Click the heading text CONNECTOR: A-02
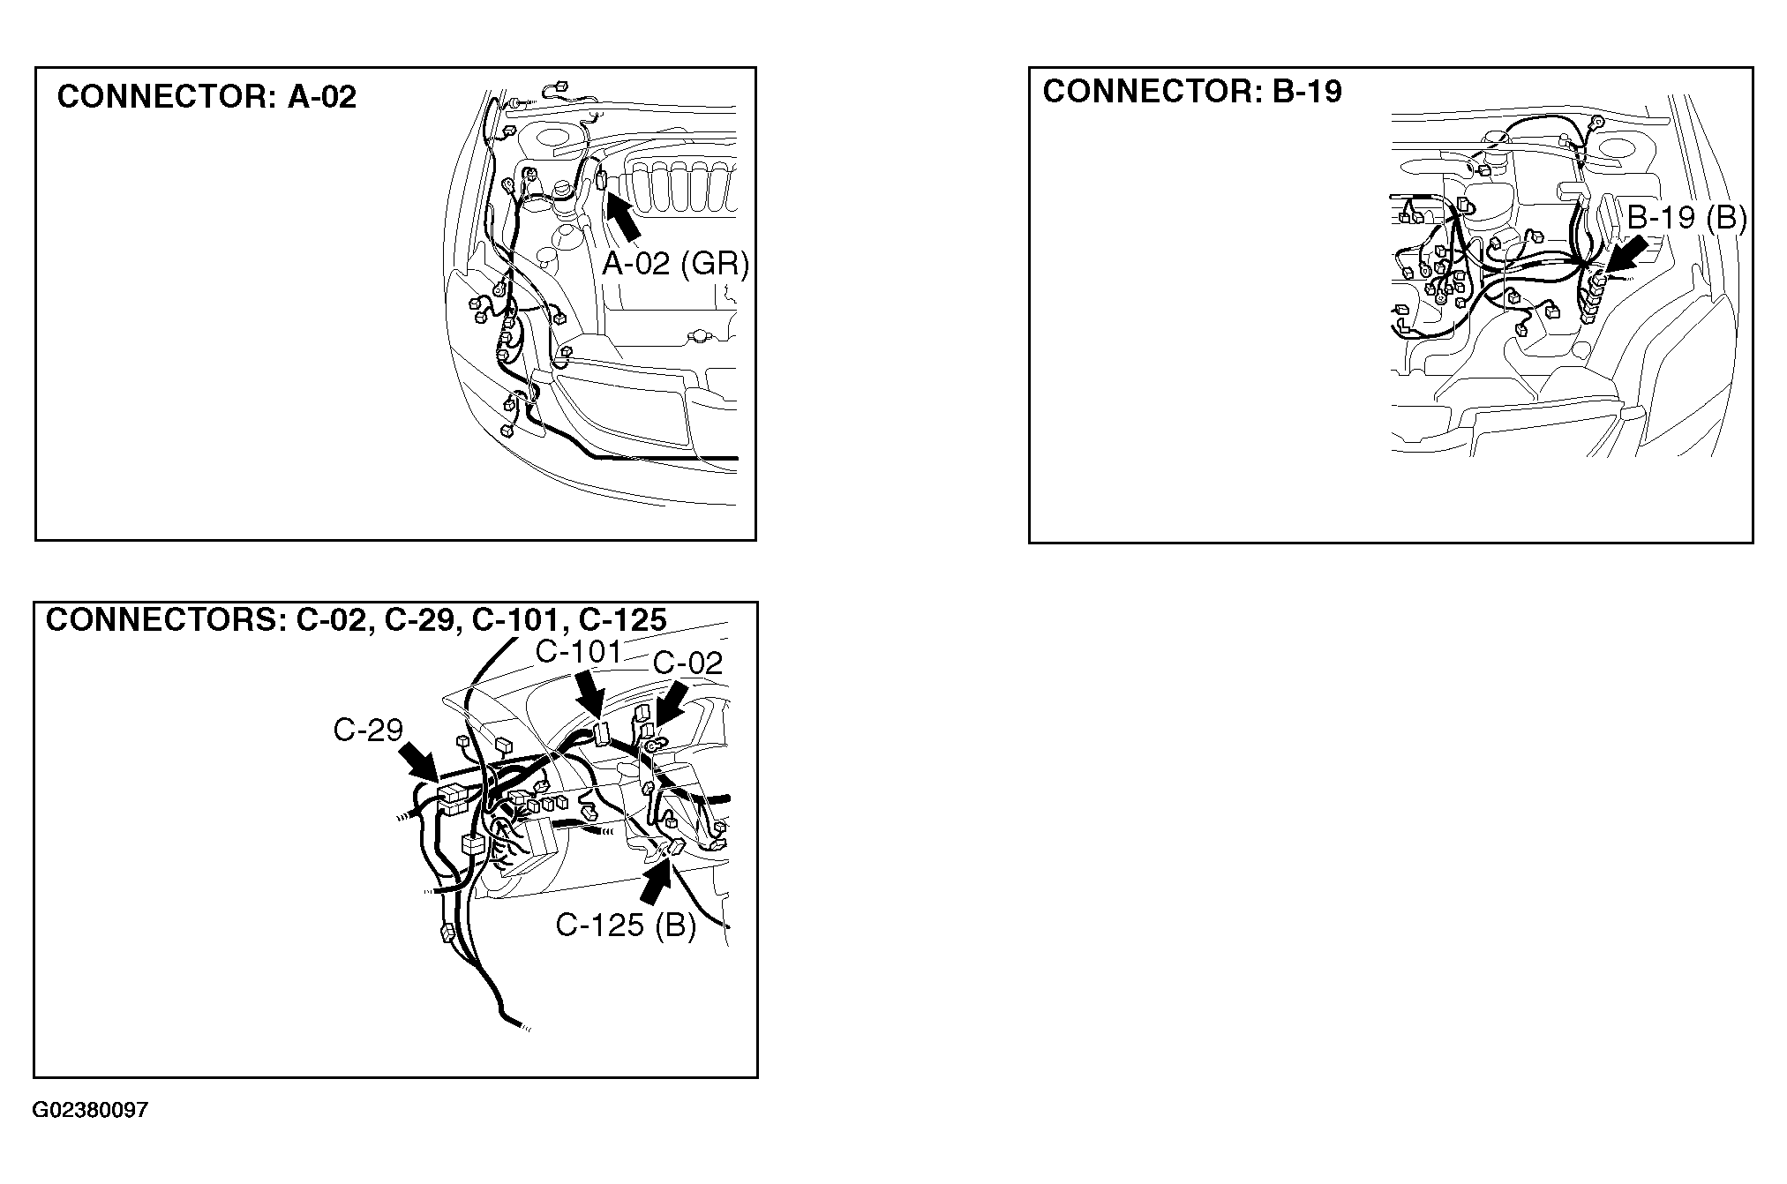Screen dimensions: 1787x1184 point(206,96)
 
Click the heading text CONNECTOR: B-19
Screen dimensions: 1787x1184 point(1192,91)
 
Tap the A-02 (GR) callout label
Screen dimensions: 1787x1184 point(675,263)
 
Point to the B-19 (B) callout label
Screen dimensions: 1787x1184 point(1686,217)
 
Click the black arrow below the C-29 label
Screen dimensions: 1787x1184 point(419,761)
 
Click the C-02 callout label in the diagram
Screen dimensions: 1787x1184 point(687,663)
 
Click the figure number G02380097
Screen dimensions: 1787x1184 point(90,1110)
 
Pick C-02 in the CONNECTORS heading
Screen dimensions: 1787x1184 point(330,619)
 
